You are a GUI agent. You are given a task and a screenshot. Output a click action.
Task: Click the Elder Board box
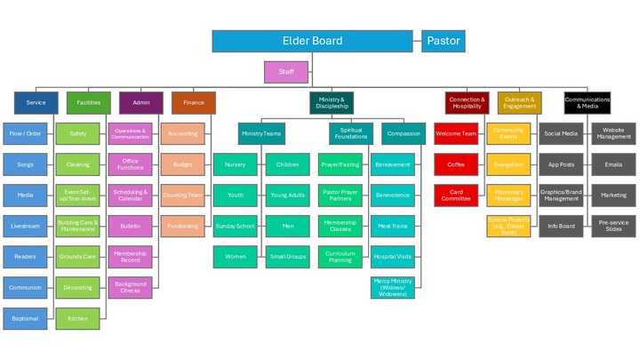(x=312, y=41)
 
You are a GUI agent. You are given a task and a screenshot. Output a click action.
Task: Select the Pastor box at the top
(x=443, y=41)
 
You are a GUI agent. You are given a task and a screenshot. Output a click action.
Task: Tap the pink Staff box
(x=286, y=72)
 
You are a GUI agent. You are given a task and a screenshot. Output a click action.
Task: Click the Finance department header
(x=193, y=103)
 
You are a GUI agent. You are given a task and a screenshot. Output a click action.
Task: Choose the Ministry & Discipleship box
(x=332, y=103)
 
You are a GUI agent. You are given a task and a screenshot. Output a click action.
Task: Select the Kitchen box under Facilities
(x=78, y=318)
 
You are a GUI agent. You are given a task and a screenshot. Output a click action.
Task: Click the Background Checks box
(x=130, y=288)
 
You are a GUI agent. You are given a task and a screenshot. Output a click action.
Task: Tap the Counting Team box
(x=182, y=196)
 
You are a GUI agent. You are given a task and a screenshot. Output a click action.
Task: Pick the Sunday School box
(x=235, y=226)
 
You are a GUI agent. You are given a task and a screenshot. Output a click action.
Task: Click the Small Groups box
(x=288, y=257)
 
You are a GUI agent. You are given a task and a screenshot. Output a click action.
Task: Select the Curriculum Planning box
(x=340, y=257)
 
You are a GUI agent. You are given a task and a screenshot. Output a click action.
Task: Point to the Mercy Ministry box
(x=392, y=288)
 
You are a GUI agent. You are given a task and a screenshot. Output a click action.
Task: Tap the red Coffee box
(x=455, y=164)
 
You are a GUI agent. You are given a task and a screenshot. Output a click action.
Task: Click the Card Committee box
(x=455, y=196)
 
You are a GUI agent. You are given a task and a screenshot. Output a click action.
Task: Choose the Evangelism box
(x=508, y=164)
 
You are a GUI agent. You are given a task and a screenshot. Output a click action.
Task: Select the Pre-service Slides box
(x=613, y=226)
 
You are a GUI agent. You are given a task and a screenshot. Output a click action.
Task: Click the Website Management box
(x=613, y=133)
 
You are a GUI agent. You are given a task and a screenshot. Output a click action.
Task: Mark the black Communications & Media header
(x=586, y=103)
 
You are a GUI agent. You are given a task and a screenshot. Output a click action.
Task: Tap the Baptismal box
(x=25, y=318)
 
